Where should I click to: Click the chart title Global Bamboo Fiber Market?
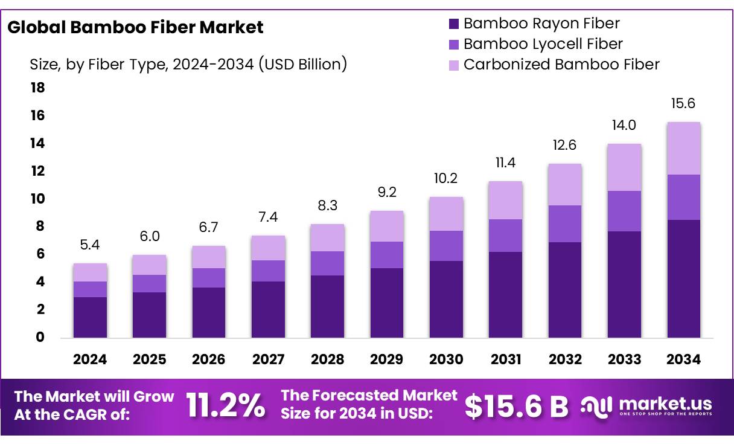tap(135, 27)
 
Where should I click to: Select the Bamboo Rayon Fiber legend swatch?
tap(453, 24)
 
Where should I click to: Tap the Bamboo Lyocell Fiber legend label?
tap(543, 44)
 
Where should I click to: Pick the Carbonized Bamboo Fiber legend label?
tap(561, 65)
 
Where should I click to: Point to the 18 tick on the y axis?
tap(37, 88)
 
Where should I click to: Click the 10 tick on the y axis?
tap(37, 199)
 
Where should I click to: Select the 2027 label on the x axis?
tap(268, 360)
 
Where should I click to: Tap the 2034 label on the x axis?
tap(683, 360)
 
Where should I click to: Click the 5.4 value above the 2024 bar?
tap(90, 245)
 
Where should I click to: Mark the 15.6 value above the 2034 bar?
tap(683, 104)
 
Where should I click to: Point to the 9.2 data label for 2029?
tap(386, 193)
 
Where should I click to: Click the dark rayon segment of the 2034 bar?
tap(683, 278)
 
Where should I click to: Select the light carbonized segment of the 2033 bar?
tap(624, 167)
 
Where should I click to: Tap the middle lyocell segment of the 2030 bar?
tap(446, 246)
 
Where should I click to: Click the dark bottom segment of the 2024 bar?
tap(90, 317)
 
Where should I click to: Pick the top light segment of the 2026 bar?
tap(209, 257)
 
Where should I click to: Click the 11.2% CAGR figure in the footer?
tap(225, 406)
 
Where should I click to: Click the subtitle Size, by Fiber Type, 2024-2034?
tap(188, 64)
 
